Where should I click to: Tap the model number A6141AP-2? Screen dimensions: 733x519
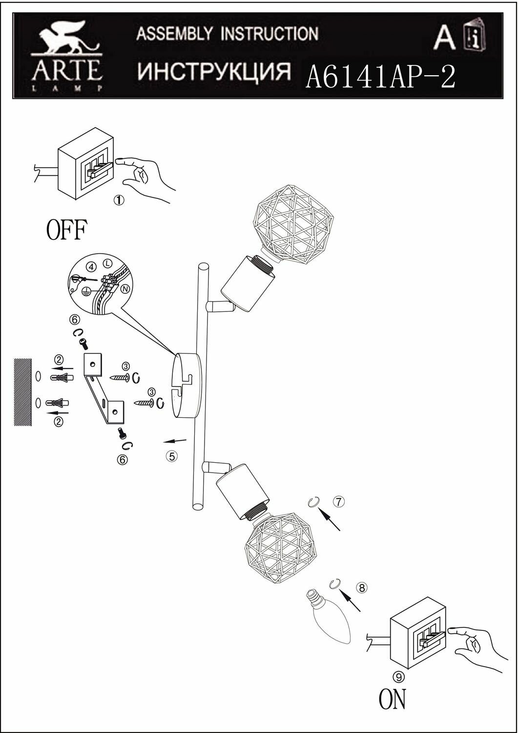tap(379, 76)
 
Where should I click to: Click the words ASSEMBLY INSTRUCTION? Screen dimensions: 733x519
tap(227, 34)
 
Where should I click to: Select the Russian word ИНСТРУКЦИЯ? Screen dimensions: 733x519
tap(214, 71)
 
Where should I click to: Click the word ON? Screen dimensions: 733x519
tap(392, 699)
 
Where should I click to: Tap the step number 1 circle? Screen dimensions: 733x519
tap(119, 200)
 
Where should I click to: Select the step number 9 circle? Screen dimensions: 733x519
tap(398, 676)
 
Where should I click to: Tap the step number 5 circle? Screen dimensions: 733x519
tap(171, 456)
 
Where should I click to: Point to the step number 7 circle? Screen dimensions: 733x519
tap(339, 501)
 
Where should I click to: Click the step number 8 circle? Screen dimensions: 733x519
tap(361, 588)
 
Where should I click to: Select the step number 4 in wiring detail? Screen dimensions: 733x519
tap(91, 267)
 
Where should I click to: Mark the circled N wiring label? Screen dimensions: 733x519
tap(125, 289)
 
